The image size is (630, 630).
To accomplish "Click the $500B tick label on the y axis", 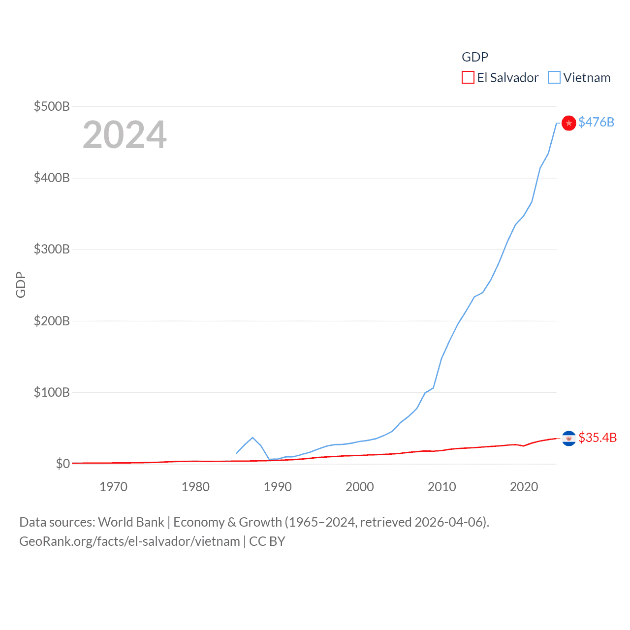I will click(x=51, y=106).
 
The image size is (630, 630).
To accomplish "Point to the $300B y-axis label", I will click(x=51, y=249).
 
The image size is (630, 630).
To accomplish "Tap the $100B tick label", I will click(x=51, y=392).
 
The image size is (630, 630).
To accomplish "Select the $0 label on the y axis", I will click(x=63, y=464).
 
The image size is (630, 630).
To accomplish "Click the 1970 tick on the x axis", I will click(x=113, y=487).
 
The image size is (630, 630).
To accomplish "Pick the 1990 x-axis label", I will click(x=278, y=487).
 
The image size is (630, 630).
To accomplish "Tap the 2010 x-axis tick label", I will click(x=441, y=487).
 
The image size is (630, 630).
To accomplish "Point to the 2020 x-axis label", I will click(x=524, y=487).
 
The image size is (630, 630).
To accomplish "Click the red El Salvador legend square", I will click(x=468, y=78).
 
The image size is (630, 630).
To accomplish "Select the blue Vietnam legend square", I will click(x=554, y=78).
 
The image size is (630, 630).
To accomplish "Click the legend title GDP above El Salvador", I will click(x=475, y=57).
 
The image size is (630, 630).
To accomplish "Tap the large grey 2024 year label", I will click(x=125, y=135).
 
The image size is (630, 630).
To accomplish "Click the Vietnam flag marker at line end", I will click(x=568, y=123).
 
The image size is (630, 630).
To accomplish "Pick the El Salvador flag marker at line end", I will click(x=568, y=438).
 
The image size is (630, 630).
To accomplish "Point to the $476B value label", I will click(x=596, y=122).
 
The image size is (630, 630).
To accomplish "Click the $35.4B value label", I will click(x=598, y=438).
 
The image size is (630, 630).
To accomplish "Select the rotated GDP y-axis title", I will click(x=21, y=284).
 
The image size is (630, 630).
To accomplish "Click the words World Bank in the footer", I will click(x=131, y=522).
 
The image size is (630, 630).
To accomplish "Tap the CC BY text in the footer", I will click(x=267, y=541).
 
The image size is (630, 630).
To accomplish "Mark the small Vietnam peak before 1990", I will click(x=252, y=437).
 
